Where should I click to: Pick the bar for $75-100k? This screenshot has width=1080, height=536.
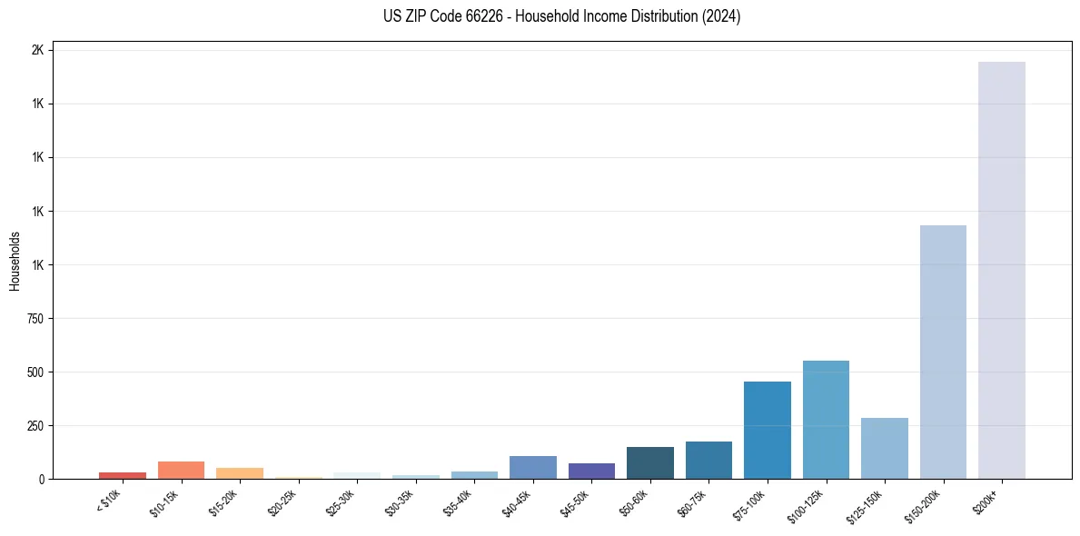(x=767, y=430)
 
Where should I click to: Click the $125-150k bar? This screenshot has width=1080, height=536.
(x=884, y=448)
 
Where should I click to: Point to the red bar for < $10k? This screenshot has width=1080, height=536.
(x=123, y=475)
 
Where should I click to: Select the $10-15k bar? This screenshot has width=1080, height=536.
(x=181, y=470)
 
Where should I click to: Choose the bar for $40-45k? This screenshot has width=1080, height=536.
(x=532, y=467)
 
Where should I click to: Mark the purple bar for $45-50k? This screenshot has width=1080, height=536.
(x=591, y=471)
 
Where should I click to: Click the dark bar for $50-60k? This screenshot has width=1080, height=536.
(x=649, y=462)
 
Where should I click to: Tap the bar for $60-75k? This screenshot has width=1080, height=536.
(x=708, y=460)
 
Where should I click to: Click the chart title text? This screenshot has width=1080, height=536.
(x=562, y=16)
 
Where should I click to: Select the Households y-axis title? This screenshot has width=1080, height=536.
(x=15, y=261)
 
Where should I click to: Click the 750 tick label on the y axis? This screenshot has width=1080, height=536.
(x=35, y=319)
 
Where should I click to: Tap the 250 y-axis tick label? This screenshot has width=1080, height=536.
(x=35, y=426)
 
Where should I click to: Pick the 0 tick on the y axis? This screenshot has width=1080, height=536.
(x=42, y=480)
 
